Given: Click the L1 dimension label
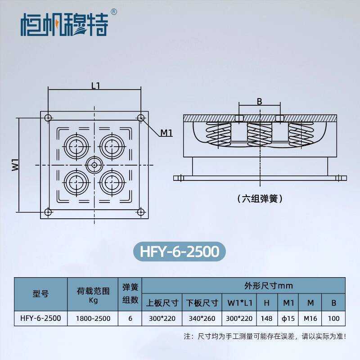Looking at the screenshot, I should tap(95, 85).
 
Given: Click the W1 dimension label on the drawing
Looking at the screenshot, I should tap(15, 165).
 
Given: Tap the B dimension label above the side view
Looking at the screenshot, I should tap(259, 102).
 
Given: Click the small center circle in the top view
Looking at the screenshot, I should tap(94, 165).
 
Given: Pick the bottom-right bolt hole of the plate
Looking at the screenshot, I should tap(141, 211).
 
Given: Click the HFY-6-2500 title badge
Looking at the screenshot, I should tap(180, 251).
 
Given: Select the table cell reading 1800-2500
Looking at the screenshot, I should tap(93, 319).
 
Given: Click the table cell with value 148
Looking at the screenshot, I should tap(266, 319).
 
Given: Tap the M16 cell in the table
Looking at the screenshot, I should tap(310, 319).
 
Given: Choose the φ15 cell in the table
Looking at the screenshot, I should tap(288, 319).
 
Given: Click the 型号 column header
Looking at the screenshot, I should tap(40, 294).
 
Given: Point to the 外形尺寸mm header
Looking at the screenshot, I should tap(243, 285).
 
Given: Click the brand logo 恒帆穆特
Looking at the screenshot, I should tap(64, 25).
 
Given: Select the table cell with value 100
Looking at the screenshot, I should tap(333, 319).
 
